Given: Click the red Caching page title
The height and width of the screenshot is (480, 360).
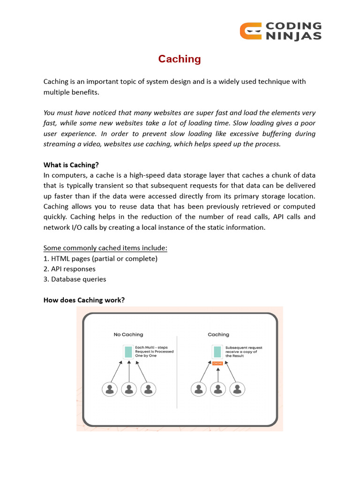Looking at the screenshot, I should pyautogui.click(x=180, y=59).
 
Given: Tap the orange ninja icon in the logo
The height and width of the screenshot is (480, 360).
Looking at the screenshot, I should pyautogui.click(x=250, y=31).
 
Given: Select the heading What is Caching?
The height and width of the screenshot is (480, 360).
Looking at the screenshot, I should pyautogui.click(x=71, y=165).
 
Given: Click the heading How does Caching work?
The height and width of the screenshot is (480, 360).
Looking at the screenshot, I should pyautogui.click(x=84, y=300).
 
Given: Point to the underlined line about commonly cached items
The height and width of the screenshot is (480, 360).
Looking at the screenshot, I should pyautogui.click(x=105, y=248).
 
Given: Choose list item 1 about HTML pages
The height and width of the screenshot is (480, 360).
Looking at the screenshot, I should pyautogui.click(x=100, y=258).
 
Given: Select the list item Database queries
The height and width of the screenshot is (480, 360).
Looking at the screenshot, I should pyautogui.click(x=75, y=279).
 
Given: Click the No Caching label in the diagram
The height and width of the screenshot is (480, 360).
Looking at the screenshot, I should pyautogui.click(x=128, y=335).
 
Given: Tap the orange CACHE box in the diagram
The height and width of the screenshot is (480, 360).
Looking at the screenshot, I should pyautogui.click(x=217, y=363).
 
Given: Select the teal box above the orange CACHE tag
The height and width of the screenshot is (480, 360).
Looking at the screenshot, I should pyautogui.click(x=217, y=352).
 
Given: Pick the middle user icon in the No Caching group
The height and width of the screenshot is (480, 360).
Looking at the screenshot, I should pyautogui.click(x=128, y=389).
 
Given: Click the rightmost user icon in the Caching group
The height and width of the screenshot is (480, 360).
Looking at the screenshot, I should pyautogui.click(x=237, y=389).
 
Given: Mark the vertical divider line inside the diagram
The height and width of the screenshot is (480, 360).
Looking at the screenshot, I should pyautogui.click(x=177, y=370).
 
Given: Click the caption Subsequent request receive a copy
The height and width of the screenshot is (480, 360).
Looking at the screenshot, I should pyautogui.click(x=244, y=352).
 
